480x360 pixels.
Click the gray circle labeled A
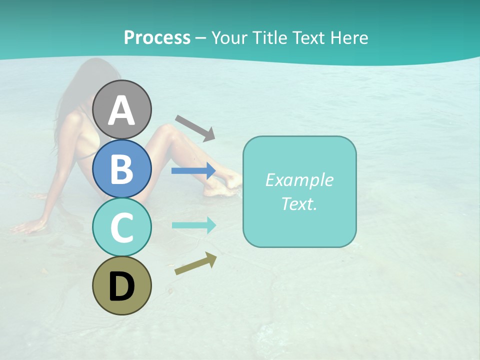[121, 109]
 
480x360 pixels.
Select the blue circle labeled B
[121, 168]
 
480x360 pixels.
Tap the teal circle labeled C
[121, 227]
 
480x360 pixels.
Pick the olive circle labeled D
[121, 285]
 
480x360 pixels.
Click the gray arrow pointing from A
[195, 128]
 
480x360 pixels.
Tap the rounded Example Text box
[299, 192]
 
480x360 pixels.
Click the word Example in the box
[299, 180]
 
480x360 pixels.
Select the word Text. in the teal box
[299, 204]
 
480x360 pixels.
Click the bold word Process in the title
[157, 37]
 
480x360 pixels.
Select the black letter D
[121, 286]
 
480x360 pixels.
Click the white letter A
[121, 110]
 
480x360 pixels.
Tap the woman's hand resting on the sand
[27, 227]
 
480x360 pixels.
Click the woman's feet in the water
[225, 182]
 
